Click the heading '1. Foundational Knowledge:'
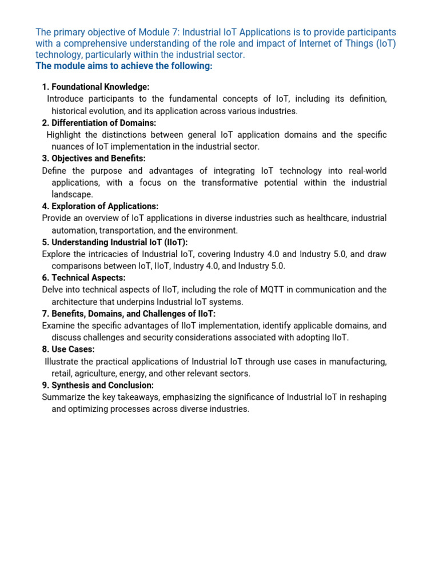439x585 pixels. point(95,87)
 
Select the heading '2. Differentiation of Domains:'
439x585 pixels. point(99,123)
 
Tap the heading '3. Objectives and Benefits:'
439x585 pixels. point(94,158)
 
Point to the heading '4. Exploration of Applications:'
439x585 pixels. point(100,206)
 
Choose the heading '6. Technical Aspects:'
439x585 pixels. point(83,278)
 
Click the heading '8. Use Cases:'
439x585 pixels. point(69,349)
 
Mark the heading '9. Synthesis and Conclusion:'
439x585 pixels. point(98,385)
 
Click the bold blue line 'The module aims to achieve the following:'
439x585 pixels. point(124,66)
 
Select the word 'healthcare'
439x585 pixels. point(318,218)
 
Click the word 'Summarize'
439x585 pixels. point(63,397)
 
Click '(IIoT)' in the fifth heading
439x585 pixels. point(174,242)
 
